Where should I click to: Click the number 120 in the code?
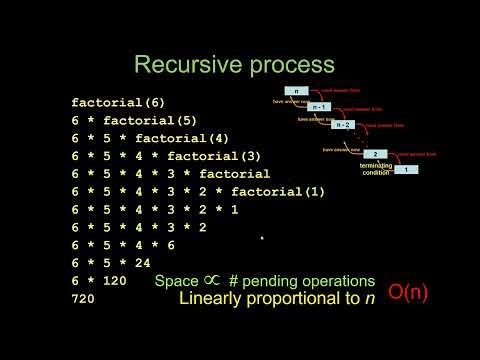[x=114, y=282]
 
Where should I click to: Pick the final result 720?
[x=83, y=300]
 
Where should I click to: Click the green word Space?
[x=177, y=282]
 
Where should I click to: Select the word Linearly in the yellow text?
[x=210, y=299]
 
